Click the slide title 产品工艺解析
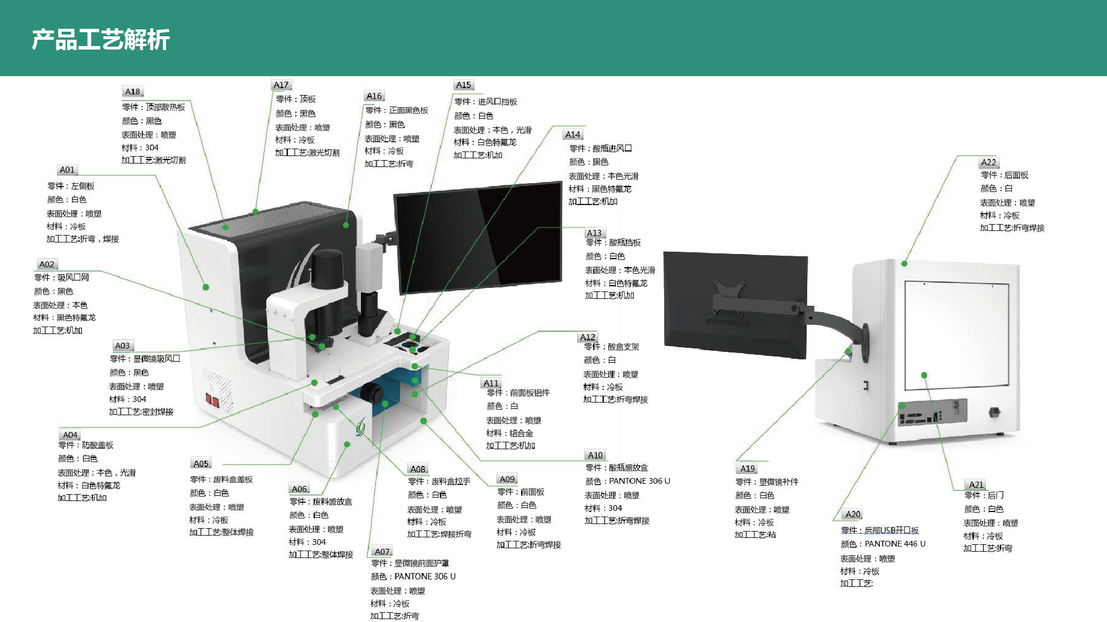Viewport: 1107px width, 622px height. (100, 39)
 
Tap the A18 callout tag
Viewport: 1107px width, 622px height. (133, 92)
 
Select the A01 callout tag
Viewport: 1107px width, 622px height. (67, 170)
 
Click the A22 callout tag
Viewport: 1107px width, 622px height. (988, 162)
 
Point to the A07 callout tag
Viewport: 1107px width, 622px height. (382, 552)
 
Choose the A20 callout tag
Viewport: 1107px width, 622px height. (853, 514)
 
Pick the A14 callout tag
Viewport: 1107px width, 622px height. (573, 135)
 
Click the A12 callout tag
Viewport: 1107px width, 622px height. (588, 337)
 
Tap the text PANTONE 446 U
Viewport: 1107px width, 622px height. (895, 544)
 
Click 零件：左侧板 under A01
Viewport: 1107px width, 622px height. (71, 186)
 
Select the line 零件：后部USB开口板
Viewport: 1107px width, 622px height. (880, 530)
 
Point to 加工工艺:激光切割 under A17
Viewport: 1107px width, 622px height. (307, 153)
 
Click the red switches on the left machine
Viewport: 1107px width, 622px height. (212, 400)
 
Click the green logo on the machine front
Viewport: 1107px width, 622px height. (361, 427)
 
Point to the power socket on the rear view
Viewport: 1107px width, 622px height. (994, 411)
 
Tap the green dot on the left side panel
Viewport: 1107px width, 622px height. (206, 287)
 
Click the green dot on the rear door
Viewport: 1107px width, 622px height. (924, 375)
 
